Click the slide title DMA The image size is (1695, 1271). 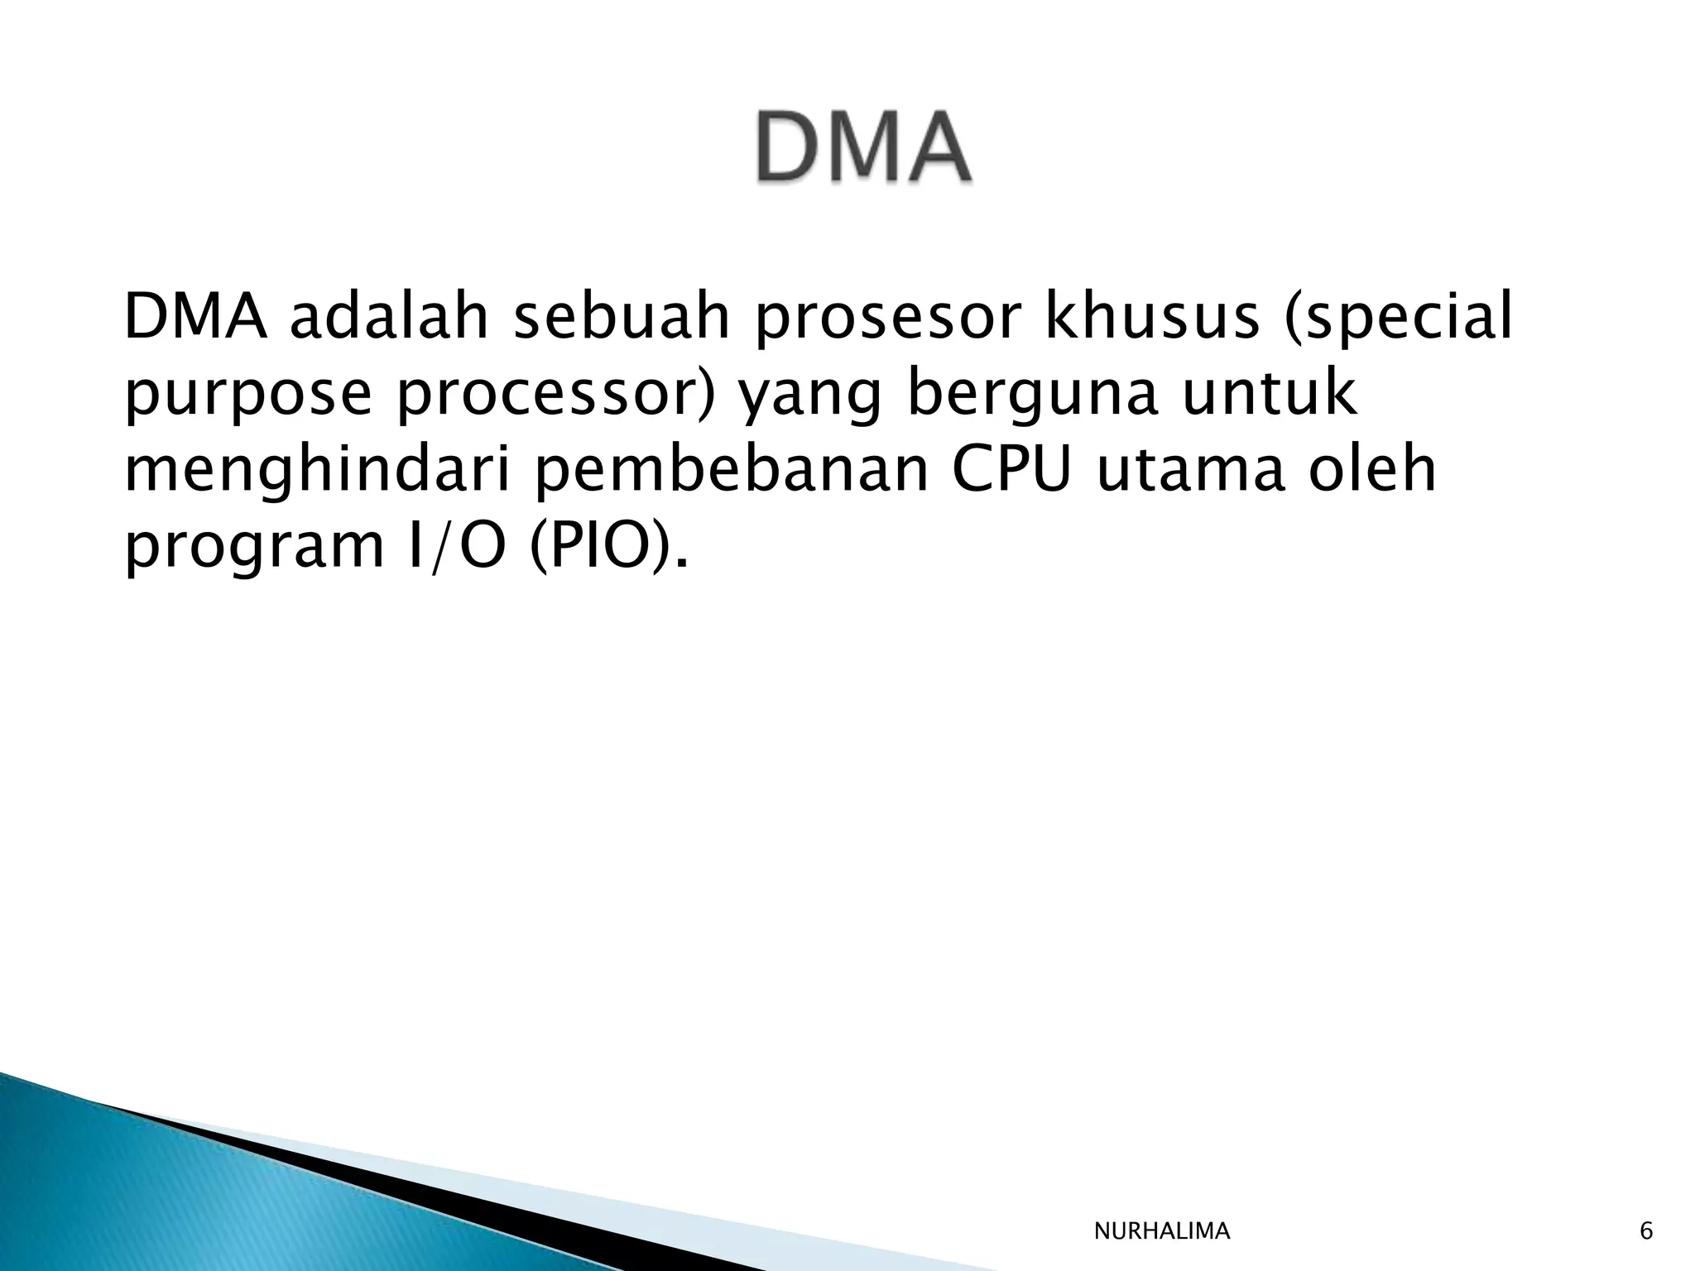[x=862, y=147]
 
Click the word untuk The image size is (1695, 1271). [x=1270, y=394]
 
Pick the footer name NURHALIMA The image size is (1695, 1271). [x=1162, y=1232]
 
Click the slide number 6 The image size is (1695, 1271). [x=1646, y=1232]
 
